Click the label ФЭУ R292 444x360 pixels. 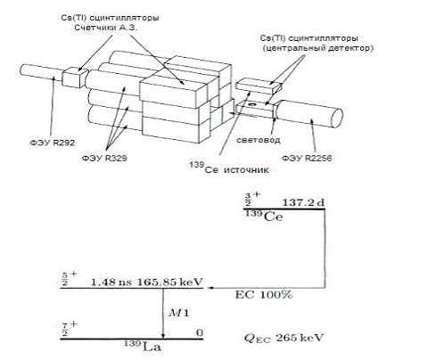(x=53, y=143)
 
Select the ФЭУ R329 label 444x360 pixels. (x=104, y=158)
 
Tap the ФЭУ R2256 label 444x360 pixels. (x=307, y=158)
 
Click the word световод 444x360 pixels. (x=259, y=140)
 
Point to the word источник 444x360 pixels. (x=246, y=169)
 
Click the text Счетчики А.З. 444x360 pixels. (x=105, y=28)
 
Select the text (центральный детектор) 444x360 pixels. (x=317, y=48)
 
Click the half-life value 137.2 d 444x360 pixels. (x=303, y=203)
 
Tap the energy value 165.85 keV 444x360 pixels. (x=169, y=282)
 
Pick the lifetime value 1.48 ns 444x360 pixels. (x=111, y=282)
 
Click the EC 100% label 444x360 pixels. (x=264, y=295)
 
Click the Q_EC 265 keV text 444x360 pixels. (x=284, y=338)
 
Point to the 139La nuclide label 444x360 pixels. (x=143, y=346)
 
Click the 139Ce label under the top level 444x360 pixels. (x=264, y=216)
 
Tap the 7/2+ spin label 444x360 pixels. (x=69, y=328)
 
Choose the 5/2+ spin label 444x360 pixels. (x=69, y=278)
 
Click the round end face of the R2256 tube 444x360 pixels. (x=337, y=118)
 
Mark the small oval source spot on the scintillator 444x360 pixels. (x=252, y=105)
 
